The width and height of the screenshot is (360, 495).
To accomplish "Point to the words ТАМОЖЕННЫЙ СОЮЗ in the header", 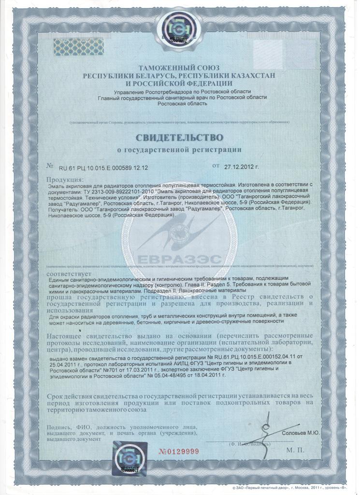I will [x=179, y=69].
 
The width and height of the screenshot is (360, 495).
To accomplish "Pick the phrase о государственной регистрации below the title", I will [x=179, y=150].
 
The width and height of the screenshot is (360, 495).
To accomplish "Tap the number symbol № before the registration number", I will [x=50, y=166].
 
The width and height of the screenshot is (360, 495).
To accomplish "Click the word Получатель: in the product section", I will [x=64, y=209].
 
